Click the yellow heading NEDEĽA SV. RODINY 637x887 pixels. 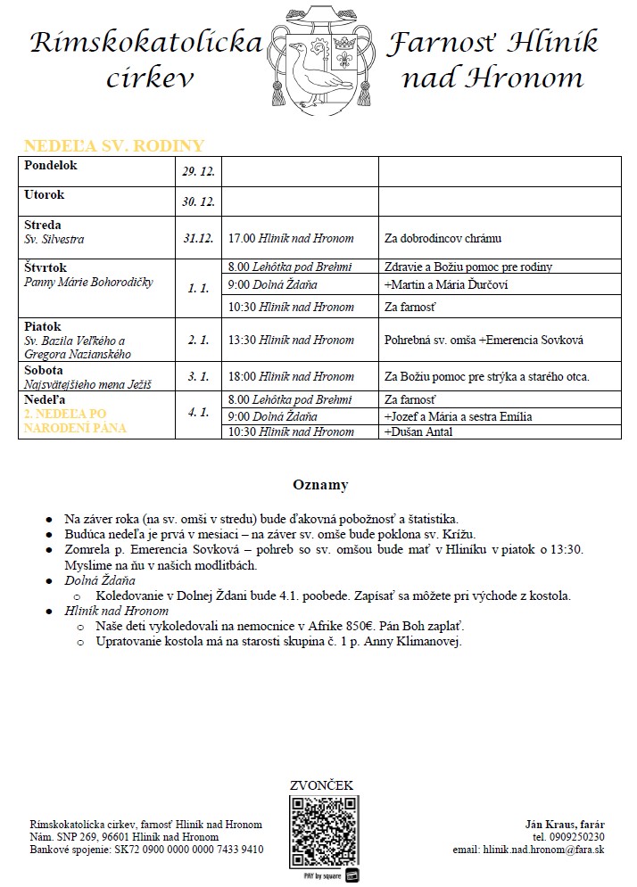coord(114,146)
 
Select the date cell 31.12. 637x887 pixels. coord(198,238)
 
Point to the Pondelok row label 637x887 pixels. coord(52,166)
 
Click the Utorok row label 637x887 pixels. coord(45,194)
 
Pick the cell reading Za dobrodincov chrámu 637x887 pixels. coord(443,239)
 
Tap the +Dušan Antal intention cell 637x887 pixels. coord(418,431)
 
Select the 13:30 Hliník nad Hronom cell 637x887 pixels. coord(291,340)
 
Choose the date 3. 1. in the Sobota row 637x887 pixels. coord(198,376)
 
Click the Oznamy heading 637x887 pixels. coord(320,486)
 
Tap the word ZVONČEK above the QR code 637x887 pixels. coord(322,785)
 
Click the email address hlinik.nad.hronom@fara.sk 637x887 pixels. coord(543,850)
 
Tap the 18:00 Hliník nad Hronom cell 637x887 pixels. coord(291,376)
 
